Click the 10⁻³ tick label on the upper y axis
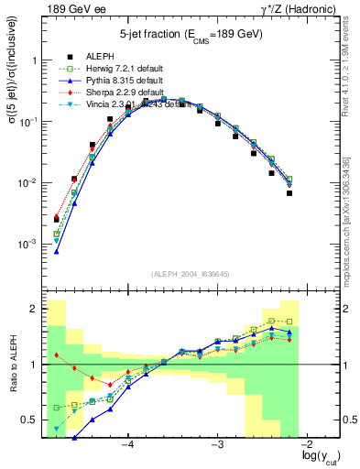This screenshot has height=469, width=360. click(x=32, y=245)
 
